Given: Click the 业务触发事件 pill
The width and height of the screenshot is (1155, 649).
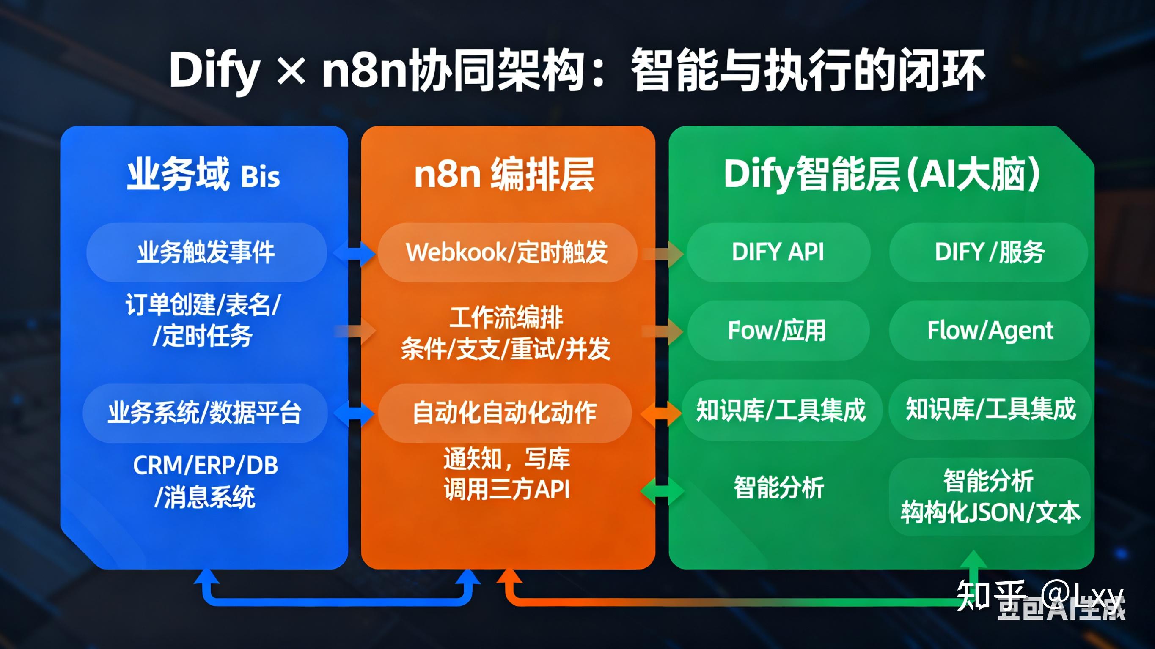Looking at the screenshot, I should tap(206, 252).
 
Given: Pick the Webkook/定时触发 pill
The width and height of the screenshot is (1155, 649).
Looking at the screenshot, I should tap(507, 252).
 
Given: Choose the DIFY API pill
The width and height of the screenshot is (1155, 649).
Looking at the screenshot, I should tap(778, 252).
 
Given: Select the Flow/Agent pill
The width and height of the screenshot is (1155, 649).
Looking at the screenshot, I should tap(990, 331).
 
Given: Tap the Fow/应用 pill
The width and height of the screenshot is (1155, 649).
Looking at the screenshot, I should tap(777, 331).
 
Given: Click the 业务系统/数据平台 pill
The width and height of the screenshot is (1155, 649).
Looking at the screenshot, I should tap(204, 413).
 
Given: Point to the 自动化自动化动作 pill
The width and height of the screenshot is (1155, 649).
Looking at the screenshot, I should tap(504, 413).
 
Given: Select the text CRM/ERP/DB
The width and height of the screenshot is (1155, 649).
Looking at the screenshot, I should tap(205, 466).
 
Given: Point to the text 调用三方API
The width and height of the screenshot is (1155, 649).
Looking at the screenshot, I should tap(507, 489).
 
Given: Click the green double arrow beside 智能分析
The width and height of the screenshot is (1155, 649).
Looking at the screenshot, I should tap(662, 491).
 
